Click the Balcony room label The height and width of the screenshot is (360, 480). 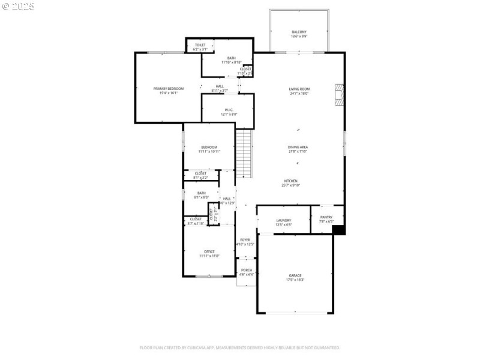(x=299, y=32)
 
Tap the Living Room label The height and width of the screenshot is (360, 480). (x=299, y=89)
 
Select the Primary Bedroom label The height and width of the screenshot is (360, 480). (x=168, y=89)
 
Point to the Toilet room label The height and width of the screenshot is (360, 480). (x=200, y=45)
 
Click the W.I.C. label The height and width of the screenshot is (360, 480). (x=229, y=110)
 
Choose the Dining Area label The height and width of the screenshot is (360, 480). (x=298, y=147)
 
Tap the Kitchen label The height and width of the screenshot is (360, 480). (x=290, y=181)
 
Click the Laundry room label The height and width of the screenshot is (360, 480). (x=284, y=221)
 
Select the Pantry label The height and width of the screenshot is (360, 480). (x=326, y=217)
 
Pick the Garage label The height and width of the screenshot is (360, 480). (x=295, y=275)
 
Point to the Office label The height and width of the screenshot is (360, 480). (x=209, y=251)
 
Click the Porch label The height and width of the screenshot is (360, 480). (x=247, y=270)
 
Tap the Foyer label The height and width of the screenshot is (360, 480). (x=245, y=239)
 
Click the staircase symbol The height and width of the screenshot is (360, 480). (x=242, y=154)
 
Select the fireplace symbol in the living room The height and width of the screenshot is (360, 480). (x=340, y=94)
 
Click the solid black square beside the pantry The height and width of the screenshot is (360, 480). (x=338, y=229)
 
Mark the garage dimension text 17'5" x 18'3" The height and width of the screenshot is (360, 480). (x=295, y=280)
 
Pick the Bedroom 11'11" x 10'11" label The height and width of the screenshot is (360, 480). (x=209, y=147)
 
